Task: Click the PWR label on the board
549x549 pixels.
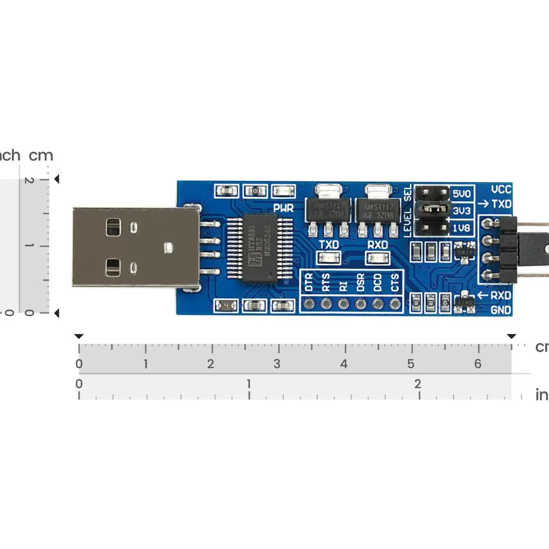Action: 283,208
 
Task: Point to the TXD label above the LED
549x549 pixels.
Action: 329,244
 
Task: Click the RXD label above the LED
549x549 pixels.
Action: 378,244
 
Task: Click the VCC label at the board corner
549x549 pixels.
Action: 501,190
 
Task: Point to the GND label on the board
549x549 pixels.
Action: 501,310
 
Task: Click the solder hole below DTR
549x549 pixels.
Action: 309,303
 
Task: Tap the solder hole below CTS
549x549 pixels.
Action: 394,303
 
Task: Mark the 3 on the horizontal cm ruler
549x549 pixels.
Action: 277,364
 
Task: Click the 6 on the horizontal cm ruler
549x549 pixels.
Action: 478,364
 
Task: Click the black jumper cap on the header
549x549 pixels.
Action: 433,209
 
